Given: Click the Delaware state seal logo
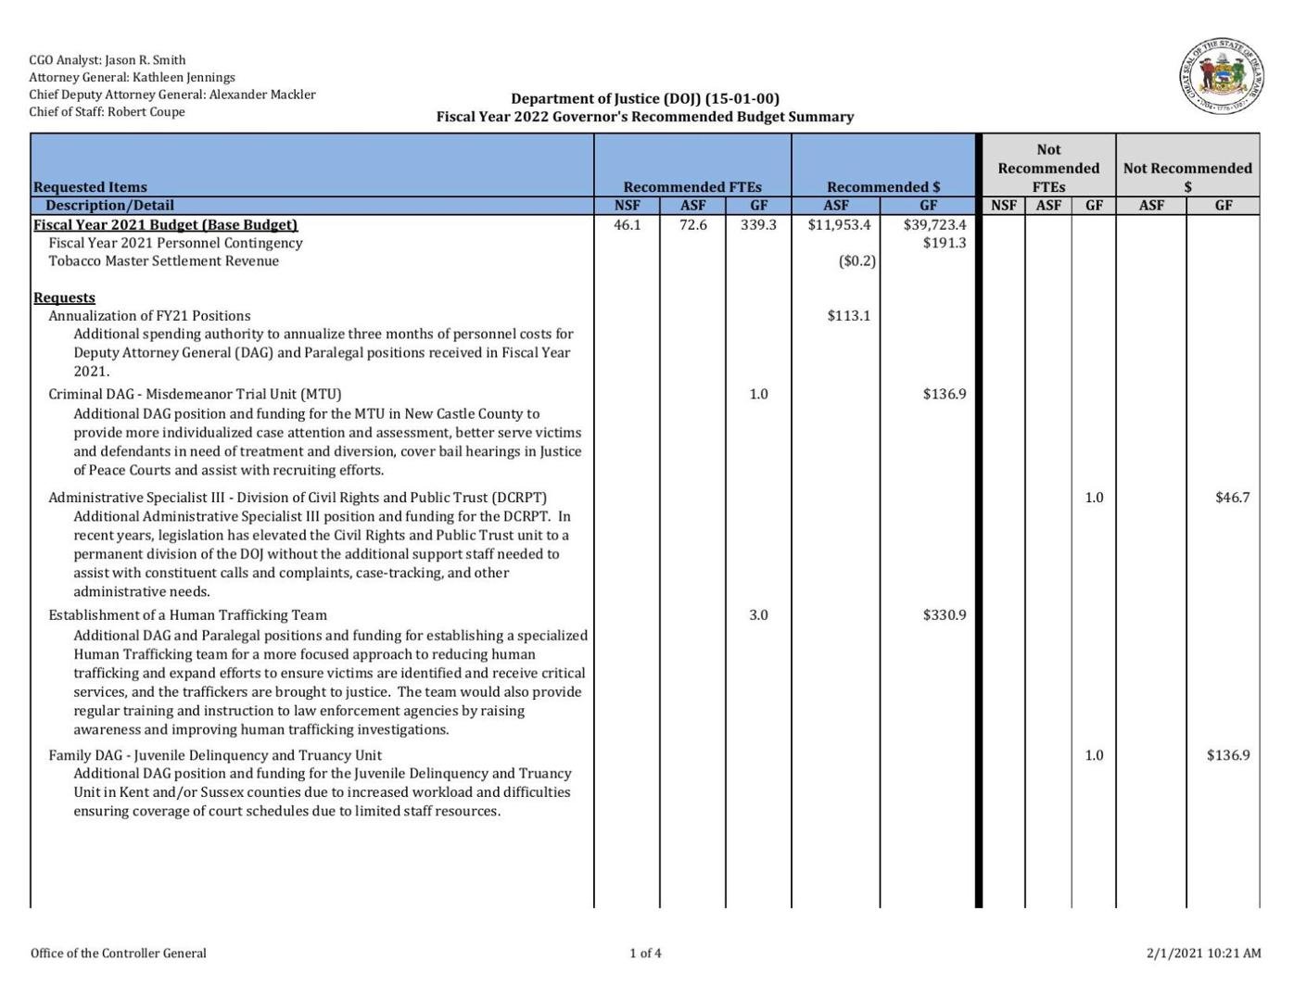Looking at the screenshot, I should (x=1221, y=77).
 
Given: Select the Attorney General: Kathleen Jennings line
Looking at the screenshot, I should (x=132, y=78).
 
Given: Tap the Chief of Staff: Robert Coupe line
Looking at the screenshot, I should (x=107, y=112).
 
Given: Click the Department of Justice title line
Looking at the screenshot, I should (x=645, y=98).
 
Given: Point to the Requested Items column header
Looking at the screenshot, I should (x=90, y=187).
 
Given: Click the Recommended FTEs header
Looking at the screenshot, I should (x=691, y=187).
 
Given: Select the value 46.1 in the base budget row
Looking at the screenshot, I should (x=627, y=225).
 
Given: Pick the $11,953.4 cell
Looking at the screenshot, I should (x=839, y=225).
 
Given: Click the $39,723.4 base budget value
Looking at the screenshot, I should (x=934, y=225).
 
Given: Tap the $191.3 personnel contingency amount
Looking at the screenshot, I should (x=944, y=243).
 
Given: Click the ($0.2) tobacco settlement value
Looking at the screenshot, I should (x=856, y=261).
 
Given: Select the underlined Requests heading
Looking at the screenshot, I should (x=64, y=297).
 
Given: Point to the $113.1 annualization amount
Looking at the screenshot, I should (x=848, y=316).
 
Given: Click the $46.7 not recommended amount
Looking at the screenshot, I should (x=1232, y=498).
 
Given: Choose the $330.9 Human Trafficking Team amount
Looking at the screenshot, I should (x=944, y=615).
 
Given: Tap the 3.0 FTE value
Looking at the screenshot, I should (x=758, y=615).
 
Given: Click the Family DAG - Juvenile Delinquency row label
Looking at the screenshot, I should (x=215, y=755).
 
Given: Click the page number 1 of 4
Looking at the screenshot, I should (x=645, y=953).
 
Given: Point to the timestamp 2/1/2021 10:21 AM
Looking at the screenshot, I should (x=1203, y=953).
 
